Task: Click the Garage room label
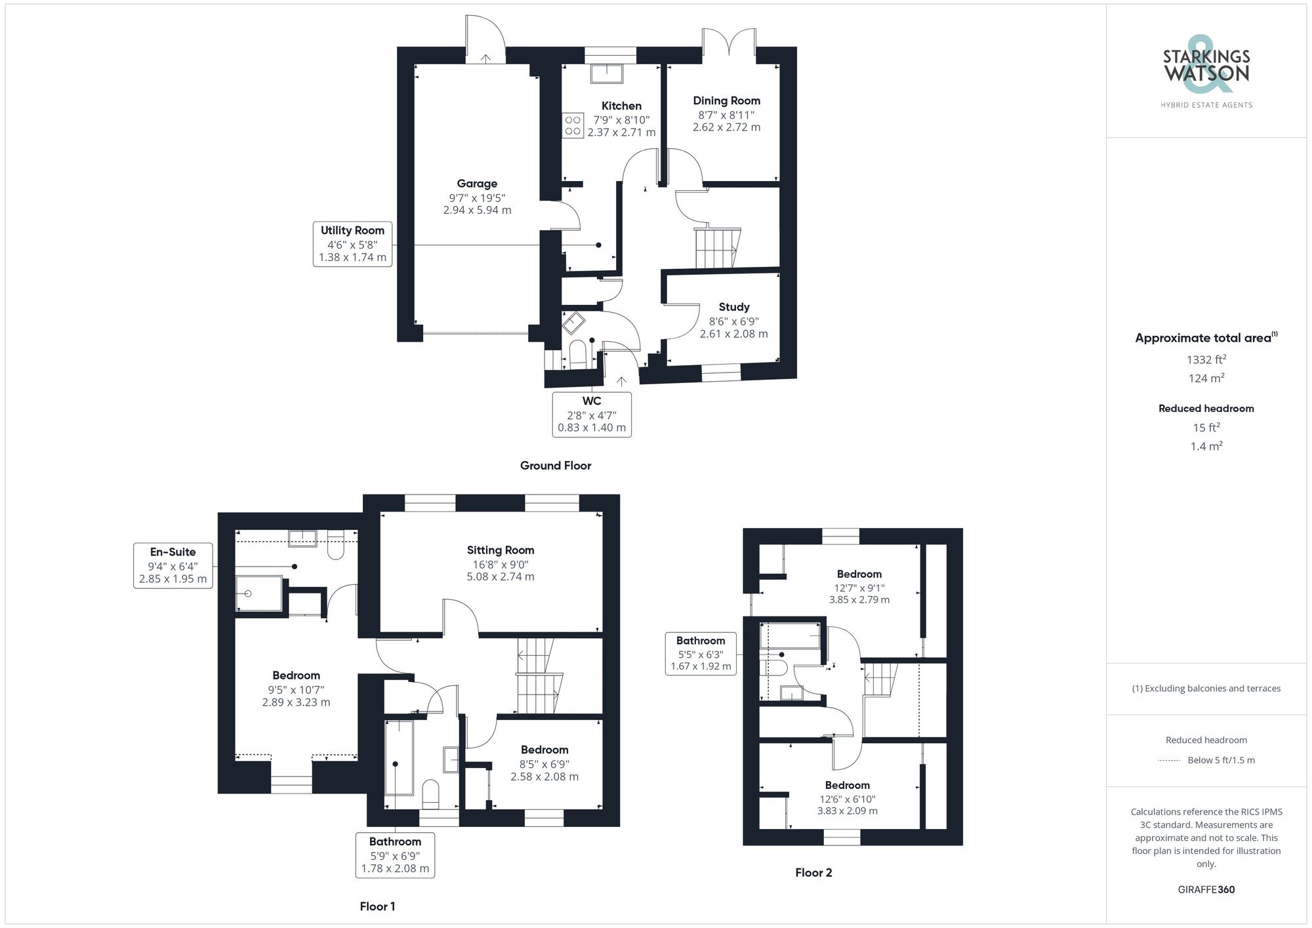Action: click(x=477, y=184)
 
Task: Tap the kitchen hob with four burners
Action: click(x=573, y=125)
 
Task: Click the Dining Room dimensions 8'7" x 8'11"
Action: click(x=726, y=115)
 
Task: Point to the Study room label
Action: click(x=733, y=307)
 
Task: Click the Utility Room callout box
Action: click(x=352, y=243)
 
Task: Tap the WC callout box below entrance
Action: click(x=592, y=414)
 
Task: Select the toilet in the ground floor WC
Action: click(x=577, y=355)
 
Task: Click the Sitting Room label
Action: click(x=500, y=550)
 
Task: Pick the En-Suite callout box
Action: click(x=173, y=565)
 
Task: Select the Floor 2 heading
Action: click(x=813, y=872)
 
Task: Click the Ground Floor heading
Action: click(x=555, y=466)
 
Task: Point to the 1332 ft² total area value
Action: click(x=1206, y=359)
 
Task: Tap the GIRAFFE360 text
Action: click(x=1206, y=889)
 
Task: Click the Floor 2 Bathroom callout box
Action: click(x=701, y=653)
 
